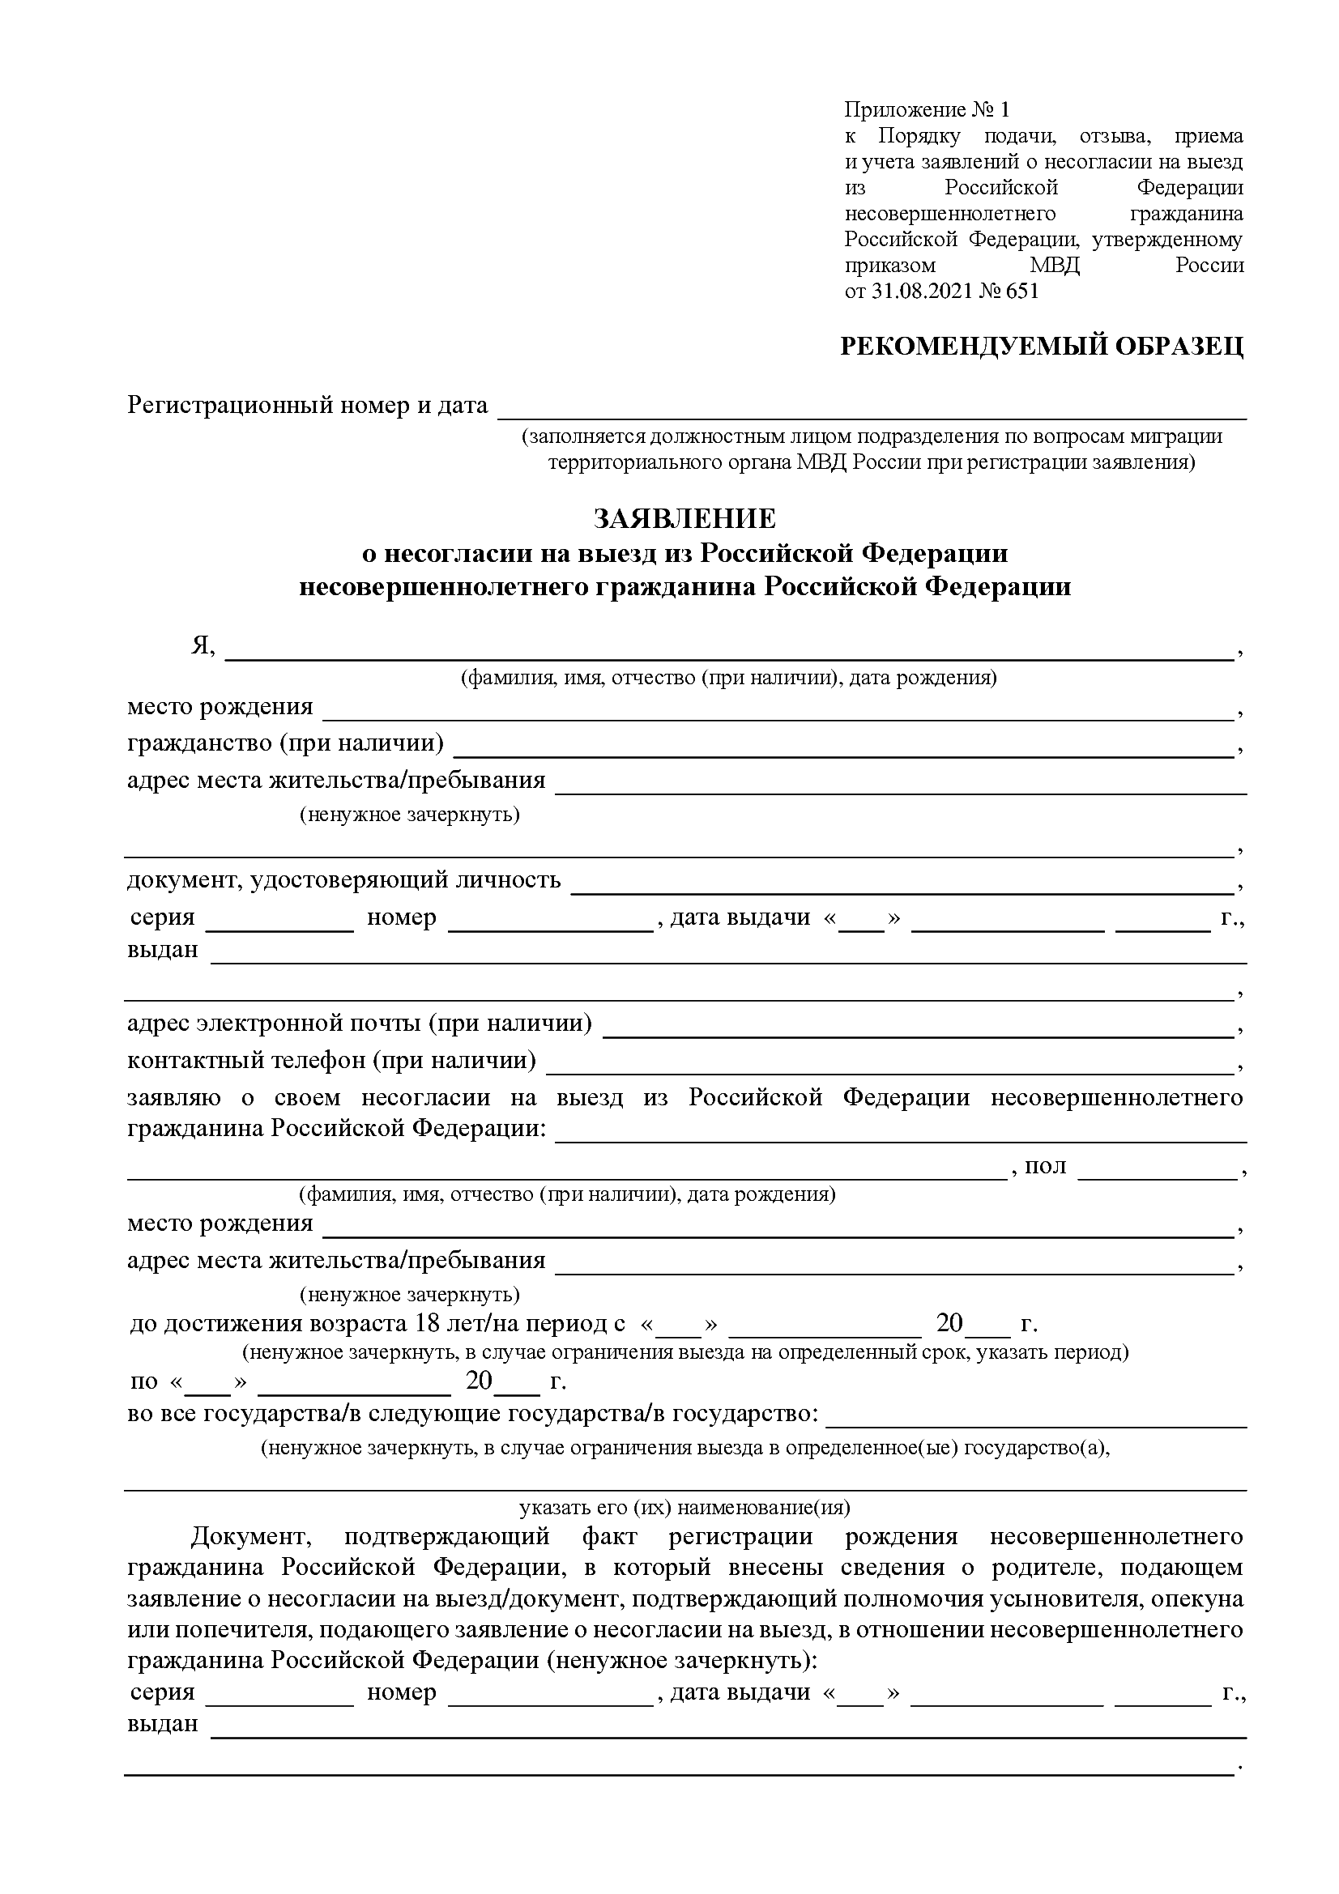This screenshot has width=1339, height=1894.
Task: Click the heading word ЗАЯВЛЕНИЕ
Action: (684, 519)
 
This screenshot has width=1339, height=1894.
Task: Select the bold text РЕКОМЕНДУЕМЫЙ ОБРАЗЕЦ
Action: (1041, 347)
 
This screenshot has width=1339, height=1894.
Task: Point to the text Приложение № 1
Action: (927, 109)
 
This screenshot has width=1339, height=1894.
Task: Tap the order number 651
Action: (1022, 292)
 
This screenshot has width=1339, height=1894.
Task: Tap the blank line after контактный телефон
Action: (891, 1066)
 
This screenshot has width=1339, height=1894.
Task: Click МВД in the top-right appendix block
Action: (1055, 266)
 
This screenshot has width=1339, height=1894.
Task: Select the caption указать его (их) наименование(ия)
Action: (684, 1508)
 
